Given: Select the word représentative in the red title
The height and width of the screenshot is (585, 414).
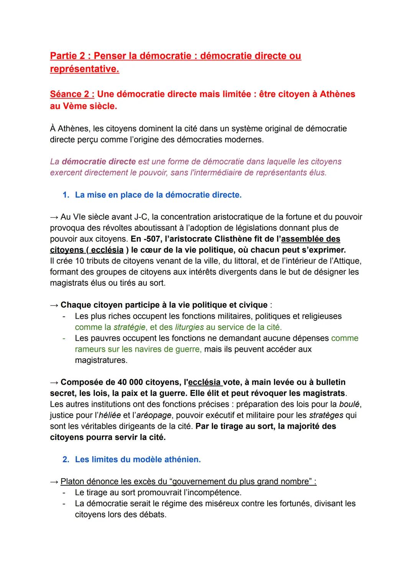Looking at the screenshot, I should pos(84,69).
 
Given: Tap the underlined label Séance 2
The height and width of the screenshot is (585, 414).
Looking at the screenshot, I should pos(72,94).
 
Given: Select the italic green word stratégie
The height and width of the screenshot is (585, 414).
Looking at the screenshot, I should pos(130,327).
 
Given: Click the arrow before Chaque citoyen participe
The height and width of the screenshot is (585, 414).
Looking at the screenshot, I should pos(54,305).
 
